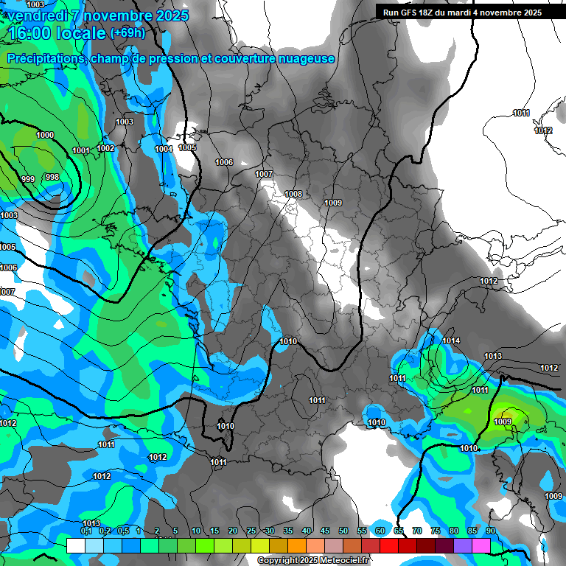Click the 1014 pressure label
[x=452, y=340]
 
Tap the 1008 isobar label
[x=293, y=194]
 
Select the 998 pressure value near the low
[x=52, y=177]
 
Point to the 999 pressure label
[x=28, y=179]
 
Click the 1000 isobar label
[x=45, y=135]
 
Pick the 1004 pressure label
[x=164, y=149]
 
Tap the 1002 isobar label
[x=105, y=148]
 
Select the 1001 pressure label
[x=81, y=150]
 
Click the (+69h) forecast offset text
[x=127, y=33]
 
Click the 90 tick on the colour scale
[x=490, y=531]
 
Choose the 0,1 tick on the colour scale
[x=85, y=531]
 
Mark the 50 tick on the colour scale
[x=343, y=531]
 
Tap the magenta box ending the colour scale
[x=481, y=545]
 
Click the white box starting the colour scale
[x=76, y=545]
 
